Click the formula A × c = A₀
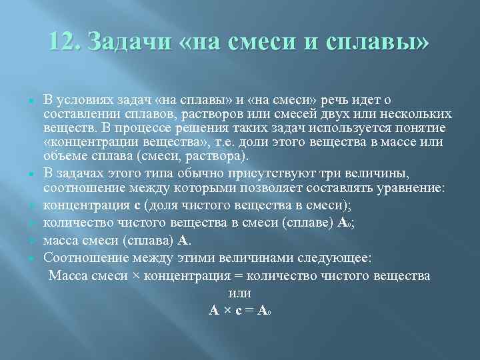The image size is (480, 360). [239, 310]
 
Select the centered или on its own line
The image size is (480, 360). [239, 293]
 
